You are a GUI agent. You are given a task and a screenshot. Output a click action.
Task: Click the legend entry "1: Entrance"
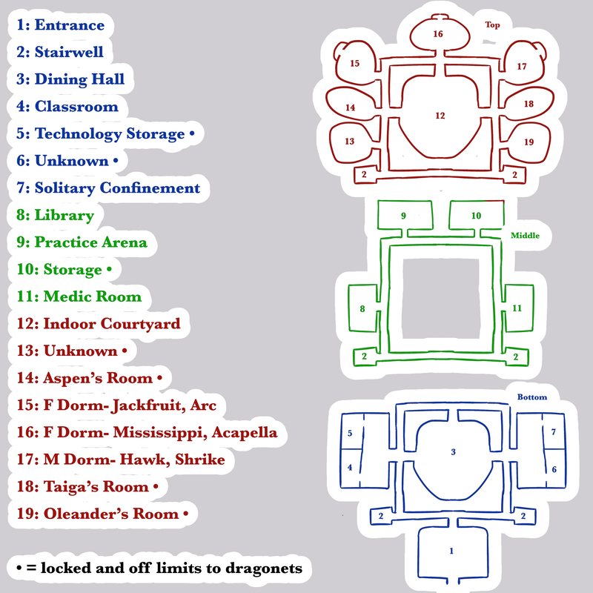tap(61, 25)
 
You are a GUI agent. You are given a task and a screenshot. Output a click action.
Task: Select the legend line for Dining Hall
tap(70, 79)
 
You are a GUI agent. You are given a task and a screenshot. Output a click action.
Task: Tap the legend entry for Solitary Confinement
tap(108, 188)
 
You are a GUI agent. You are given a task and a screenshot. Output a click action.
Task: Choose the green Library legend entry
tap(55, 215)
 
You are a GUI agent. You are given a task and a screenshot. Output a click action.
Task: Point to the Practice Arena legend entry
tap(82, 242)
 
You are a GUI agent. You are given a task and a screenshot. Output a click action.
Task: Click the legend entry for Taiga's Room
tap(87, 486)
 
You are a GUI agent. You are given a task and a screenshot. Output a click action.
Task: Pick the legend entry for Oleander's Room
tap(102, 514)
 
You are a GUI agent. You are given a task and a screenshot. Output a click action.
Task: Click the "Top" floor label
tap(492, 25)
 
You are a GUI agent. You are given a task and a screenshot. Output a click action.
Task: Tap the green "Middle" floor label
tap(525, 235)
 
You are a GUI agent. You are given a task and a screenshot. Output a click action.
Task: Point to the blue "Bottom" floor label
tap(532, 397)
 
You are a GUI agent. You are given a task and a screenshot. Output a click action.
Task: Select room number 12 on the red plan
tap(440, 116)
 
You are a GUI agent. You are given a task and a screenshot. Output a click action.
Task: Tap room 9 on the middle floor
tap(403, 216)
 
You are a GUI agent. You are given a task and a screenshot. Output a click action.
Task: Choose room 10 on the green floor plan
tap(476, 216)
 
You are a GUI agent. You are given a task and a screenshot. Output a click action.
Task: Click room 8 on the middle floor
tap(362, 308)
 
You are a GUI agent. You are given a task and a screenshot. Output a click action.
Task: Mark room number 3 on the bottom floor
tap(453, 451)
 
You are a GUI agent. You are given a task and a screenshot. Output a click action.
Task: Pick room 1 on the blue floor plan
tap(451, 551)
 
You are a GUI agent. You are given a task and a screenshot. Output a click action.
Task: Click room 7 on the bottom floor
tap(553, 432)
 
